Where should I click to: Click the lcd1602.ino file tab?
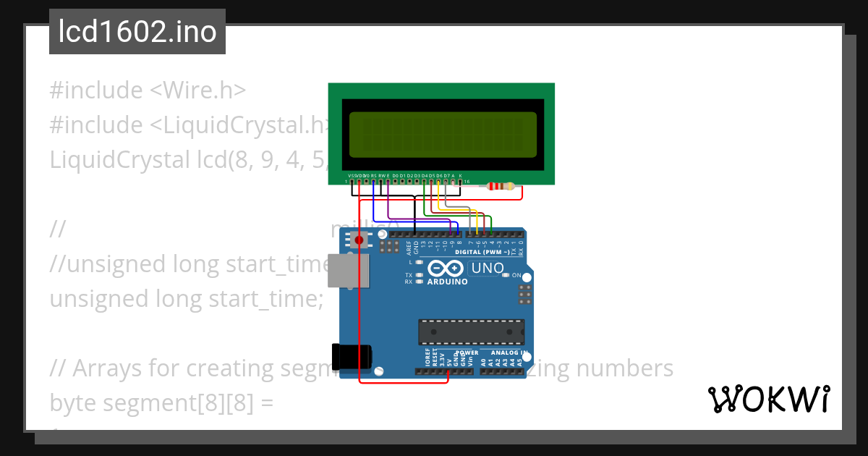tap(137, 32)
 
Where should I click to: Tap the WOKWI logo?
tap(768, 399)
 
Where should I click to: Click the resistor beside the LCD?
tap(501, 186)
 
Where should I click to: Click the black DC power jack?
tap(352, 354)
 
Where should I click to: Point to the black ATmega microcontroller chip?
tap(471, 331)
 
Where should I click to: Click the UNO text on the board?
tap(487, 269)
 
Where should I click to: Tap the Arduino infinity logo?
tap(447, 269)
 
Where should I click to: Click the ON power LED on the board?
tap(506, 276)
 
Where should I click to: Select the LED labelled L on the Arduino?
tap(420, 262)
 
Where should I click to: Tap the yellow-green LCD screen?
tap(442, 135)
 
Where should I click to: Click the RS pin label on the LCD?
tap(373, 175)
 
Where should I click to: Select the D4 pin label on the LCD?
tap(425, 175)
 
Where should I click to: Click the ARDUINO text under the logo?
tap(447, 282)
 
